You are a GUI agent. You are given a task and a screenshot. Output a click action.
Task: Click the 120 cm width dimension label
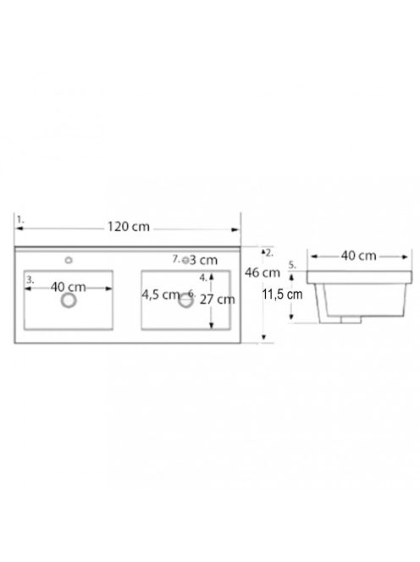pyautogui.click(x=129, y=227)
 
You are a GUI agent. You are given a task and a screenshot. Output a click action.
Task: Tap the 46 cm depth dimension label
pyautogui.click(x=262, y=273)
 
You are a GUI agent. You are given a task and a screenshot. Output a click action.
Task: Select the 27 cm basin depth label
pyautogui.click(x=218, y=300)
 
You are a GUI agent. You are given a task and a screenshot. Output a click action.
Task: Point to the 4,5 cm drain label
pyautogui.click(x=160, y=295)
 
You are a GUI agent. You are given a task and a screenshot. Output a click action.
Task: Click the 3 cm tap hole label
pyautogui.click(x=203, y=260)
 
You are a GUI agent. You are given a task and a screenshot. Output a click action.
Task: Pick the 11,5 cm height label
pyautogui.click(x=282, y=295)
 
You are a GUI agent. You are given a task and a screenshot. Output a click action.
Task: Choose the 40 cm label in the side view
pyautogui.click(x=359, y=256)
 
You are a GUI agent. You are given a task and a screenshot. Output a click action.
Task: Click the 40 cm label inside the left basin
pyautogui.click(x=68, y=287)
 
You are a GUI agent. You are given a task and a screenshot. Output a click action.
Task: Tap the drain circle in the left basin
pyautogui.click(x=69, y=300)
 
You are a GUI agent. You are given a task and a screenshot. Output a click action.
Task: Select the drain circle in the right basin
pyautogui.click(x=185, y=300)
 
